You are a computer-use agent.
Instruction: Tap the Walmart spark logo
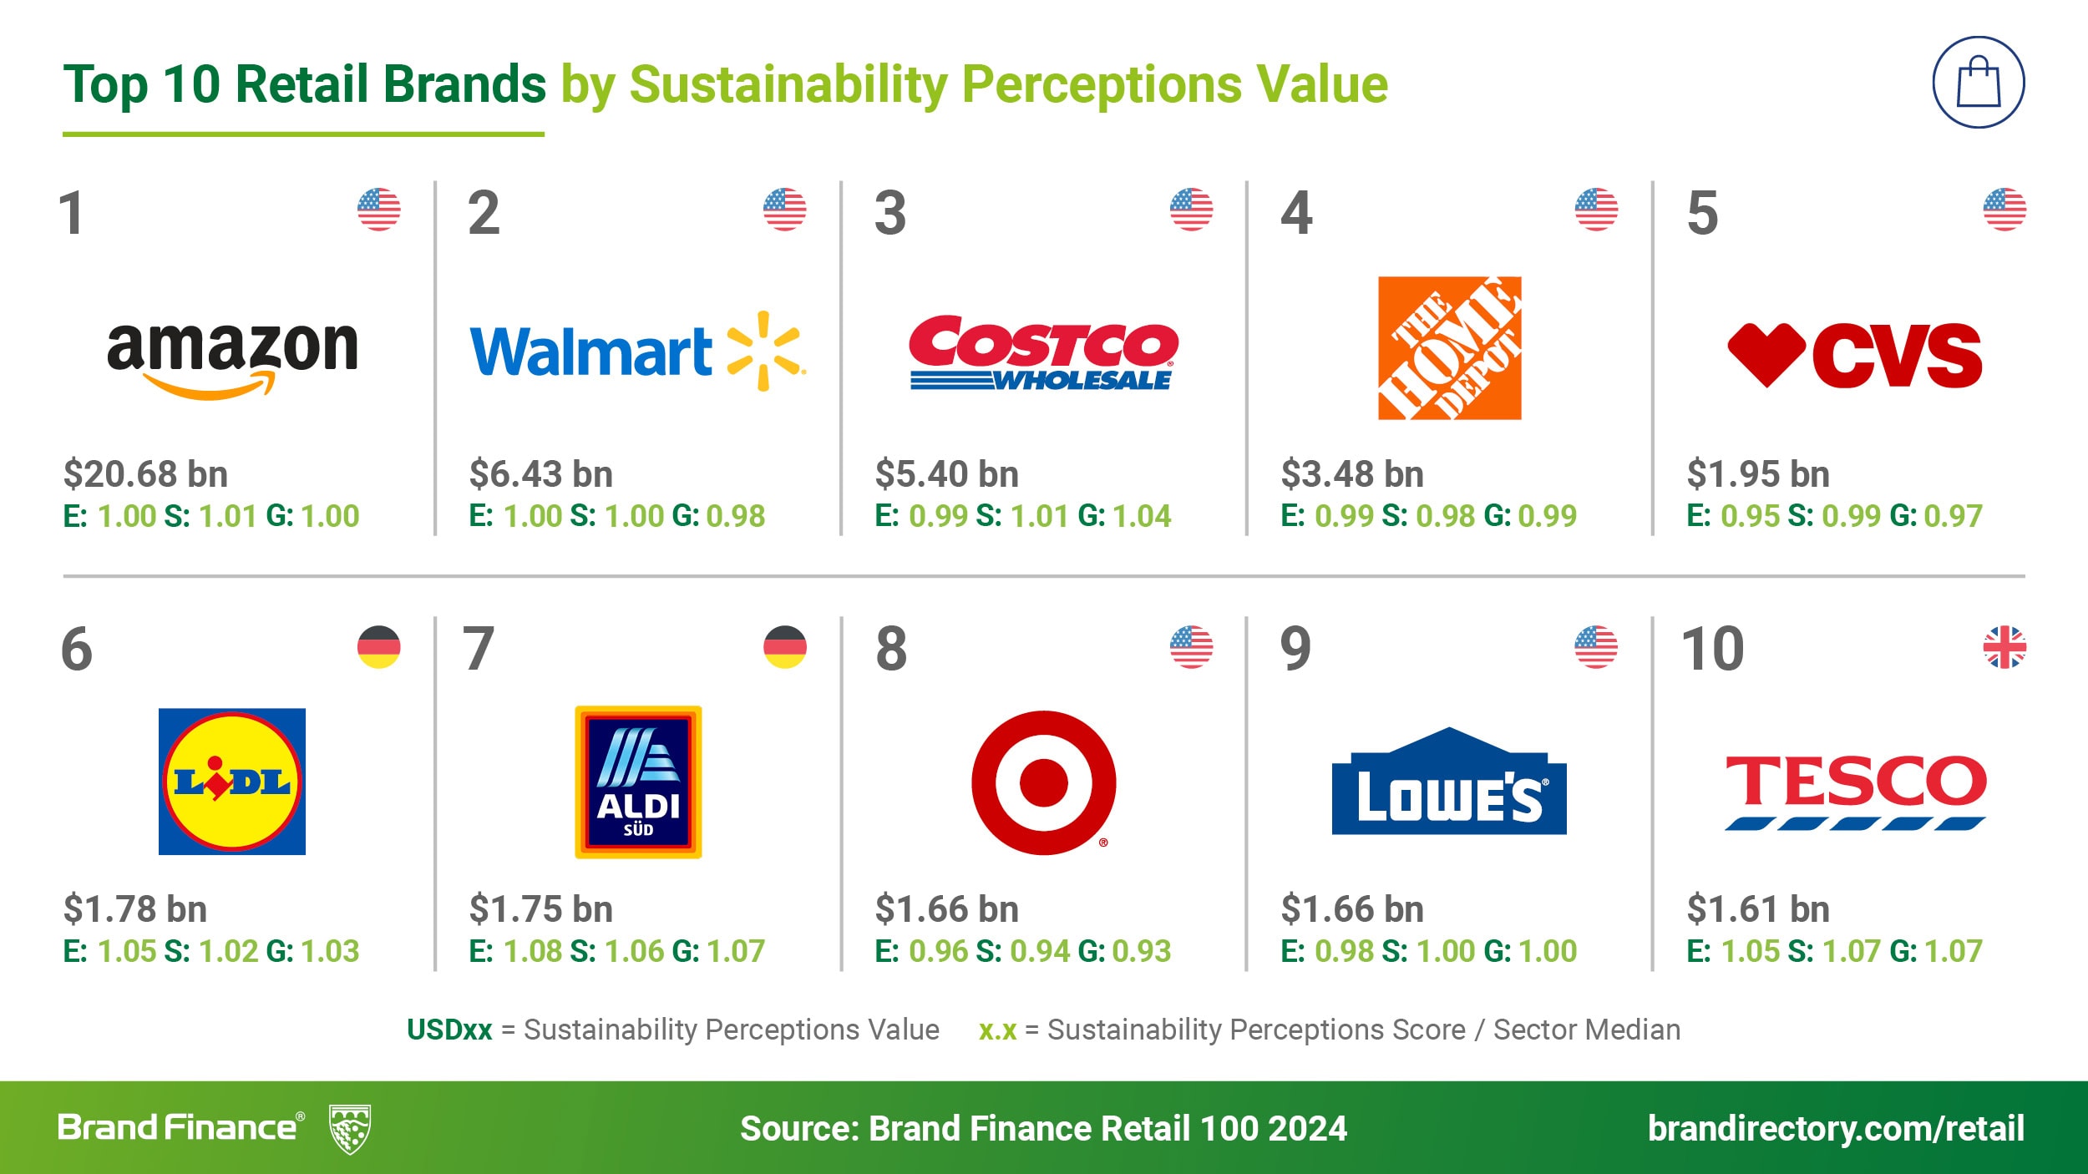(765, 351)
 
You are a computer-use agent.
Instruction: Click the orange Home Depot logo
(1449, 348)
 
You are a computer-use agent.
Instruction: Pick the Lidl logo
(232, 782)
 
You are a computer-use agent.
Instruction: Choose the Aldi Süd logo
(638, 782)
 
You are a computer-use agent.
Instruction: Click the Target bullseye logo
(1043, 782)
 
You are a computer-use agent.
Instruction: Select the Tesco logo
(1855, 791)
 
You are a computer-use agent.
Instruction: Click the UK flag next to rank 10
(2004, 647)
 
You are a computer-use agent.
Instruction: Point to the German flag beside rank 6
(379, 647)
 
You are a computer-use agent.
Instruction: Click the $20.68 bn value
(146, 474)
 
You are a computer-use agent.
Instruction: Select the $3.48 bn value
(1352, 474)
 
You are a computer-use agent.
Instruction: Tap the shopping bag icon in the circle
(1979, 82)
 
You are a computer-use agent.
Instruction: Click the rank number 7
(479, 649)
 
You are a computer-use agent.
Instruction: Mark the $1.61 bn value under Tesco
(1758, 909)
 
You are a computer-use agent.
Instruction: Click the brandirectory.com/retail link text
(1836, 1128)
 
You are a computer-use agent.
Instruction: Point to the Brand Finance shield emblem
(351, 1129)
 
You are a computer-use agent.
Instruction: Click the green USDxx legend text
(449, 1030)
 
